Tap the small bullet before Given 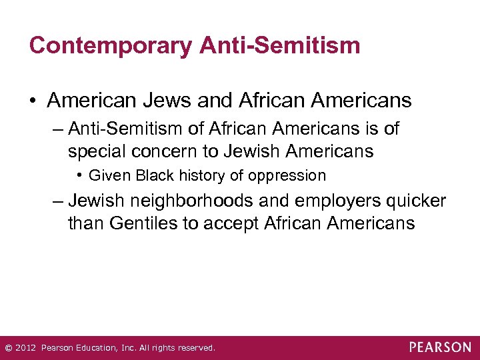tap(79, 175)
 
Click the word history tap(198, 176)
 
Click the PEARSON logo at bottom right tap(440, 347)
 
